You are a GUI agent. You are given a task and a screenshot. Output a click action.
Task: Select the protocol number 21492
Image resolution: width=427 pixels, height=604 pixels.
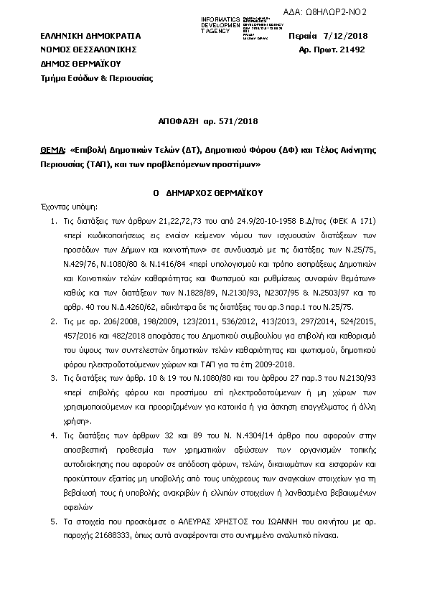click(352, 49)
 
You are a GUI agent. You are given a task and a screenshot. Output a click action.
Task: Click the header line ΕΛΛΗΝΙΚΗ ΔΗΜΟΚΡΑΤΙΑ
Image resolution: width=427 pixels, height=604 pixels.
click(90, 36)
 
